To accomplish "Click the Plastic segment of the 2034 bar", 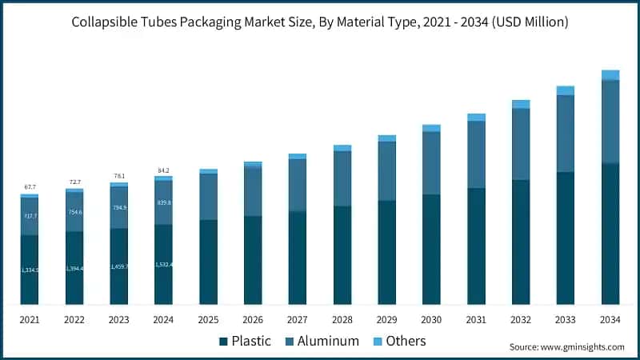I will coord(610,234).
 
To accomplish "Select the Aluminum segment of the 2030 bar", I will coord(431,163).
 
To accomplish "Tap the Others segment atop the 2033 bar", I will coord(566,90).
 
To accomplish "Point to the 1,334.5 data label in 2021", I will coord(30,270).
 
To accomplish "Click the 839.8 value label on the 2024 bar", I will coord(164,202).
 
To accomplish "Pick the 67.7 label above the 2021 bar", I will coord(30,186).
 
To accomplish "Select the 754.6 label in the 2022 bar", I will coord(74,212).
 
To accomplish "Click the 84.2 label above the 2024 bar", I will coord(164,170).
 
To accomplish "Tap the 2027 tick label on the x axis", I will coord(298,319).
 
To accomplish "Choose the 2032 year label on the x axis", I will coord(521,319).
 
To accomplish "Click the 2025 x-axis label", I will coord(208,319).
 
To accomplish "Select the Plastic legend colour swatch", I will coord(223,342).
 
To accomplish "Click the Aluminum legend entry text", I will coord(328,342).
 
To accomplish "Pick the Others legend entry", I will coord(406,342).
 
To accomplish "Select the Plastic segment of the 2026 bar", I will coord(253,260).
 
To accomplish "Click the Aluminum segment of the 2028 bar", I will coord(342,178).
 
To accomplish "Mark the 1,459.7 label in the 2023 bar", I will coord(119,266).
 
